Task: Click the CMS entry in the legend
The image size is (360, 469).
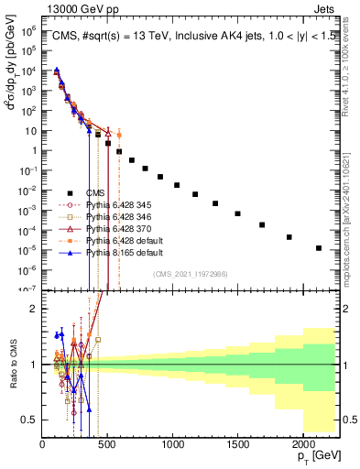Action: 95,192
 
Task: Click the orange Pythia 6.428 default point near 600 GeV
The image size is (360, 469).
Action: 119,135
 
